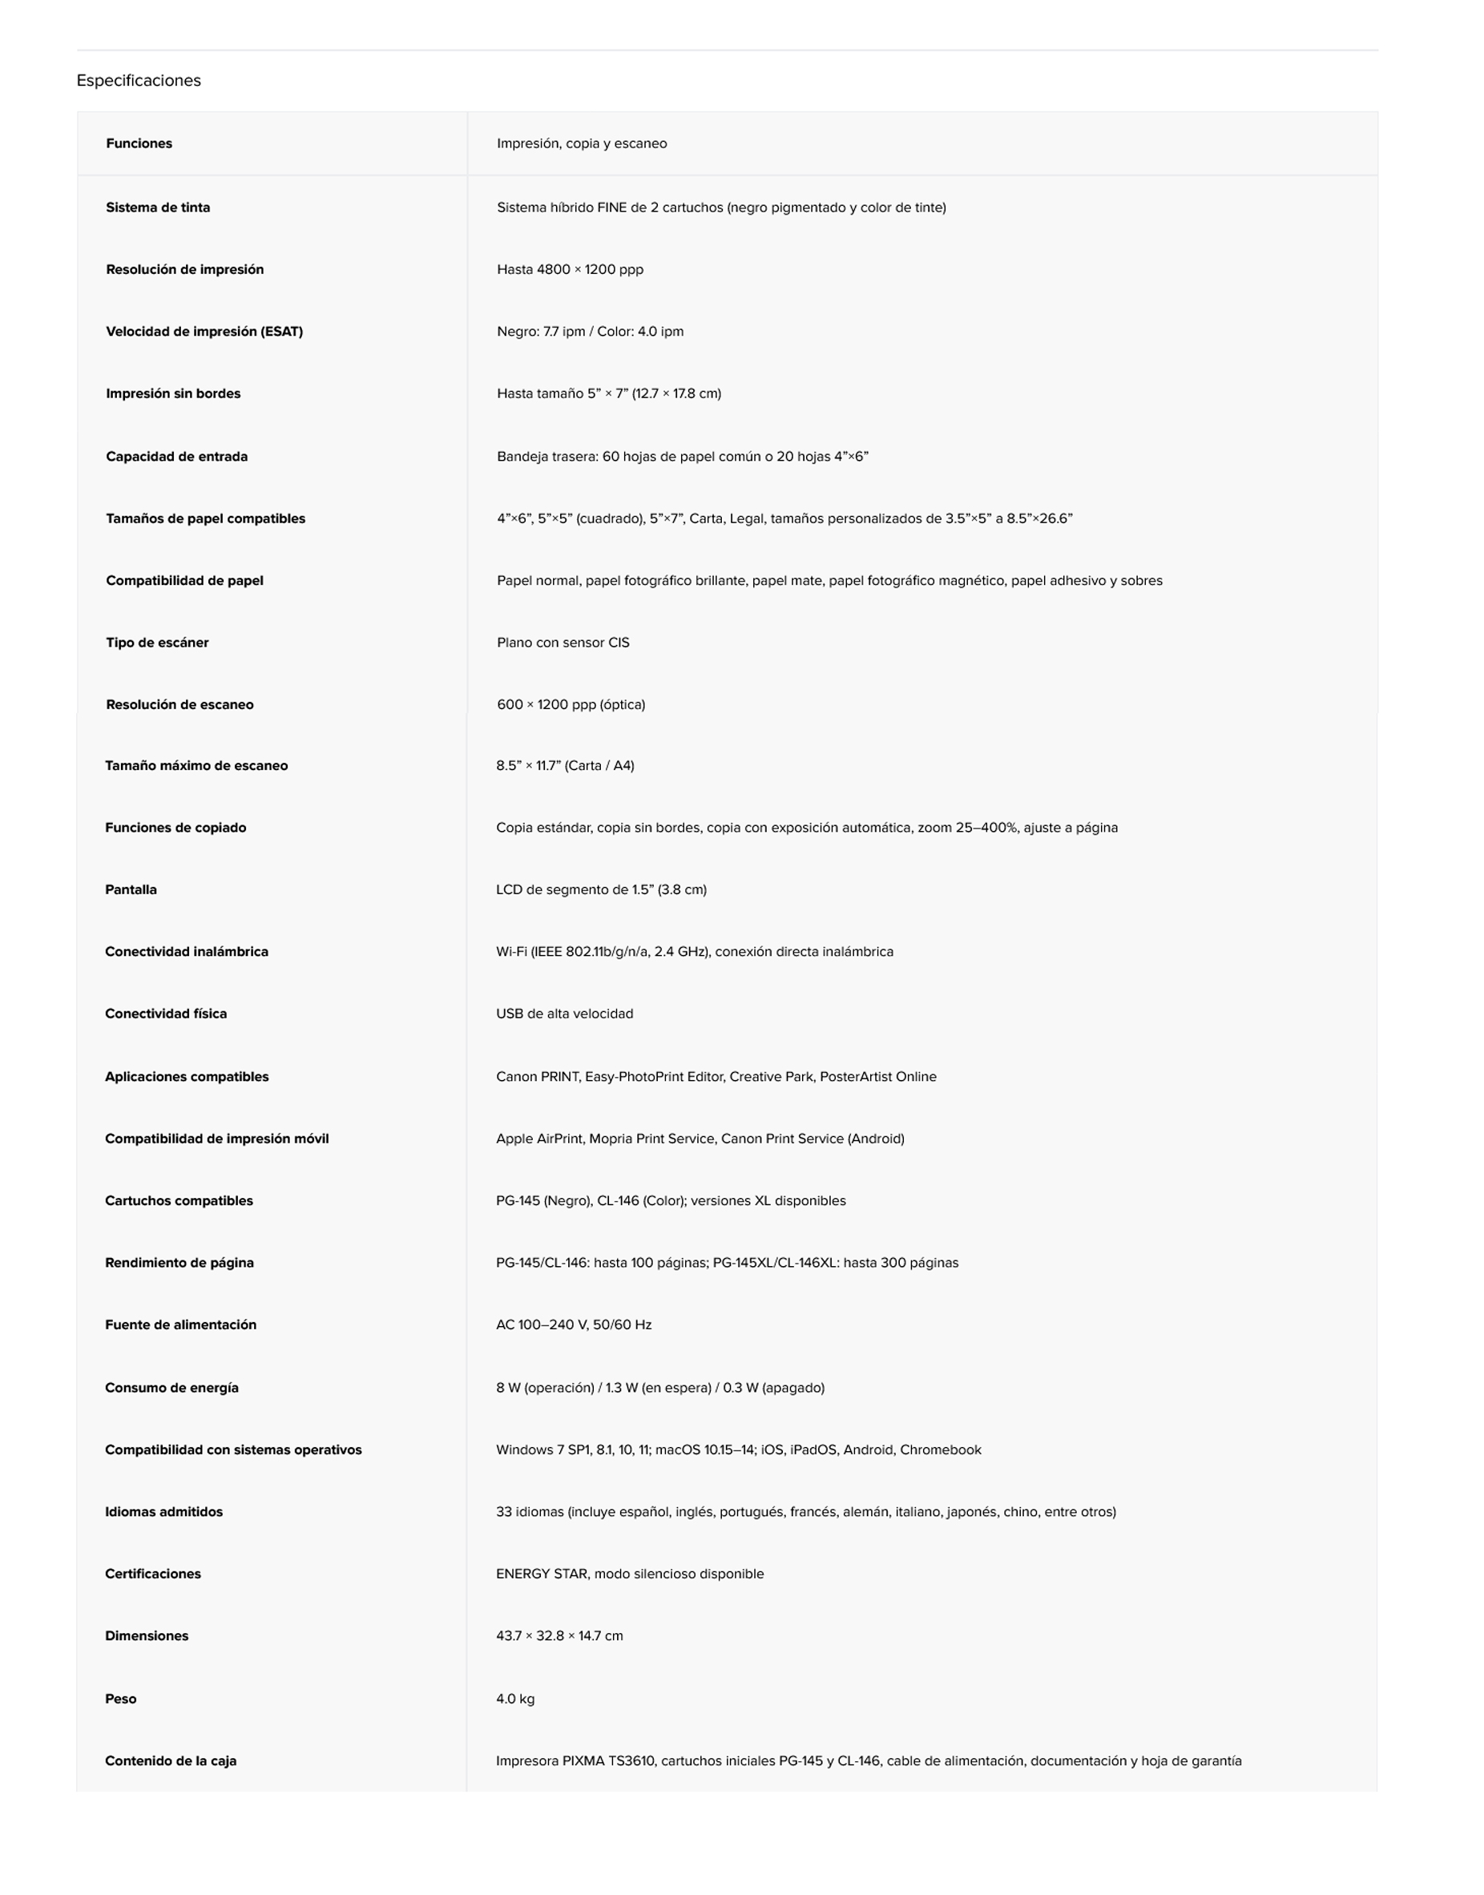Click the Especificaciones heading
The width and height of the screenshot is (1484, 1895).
(138, 81)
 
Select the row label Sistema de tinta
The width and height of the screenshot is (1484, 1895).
(158, 208)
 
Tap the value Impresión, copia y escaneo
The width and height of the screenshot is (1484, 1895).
(582, 143)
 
